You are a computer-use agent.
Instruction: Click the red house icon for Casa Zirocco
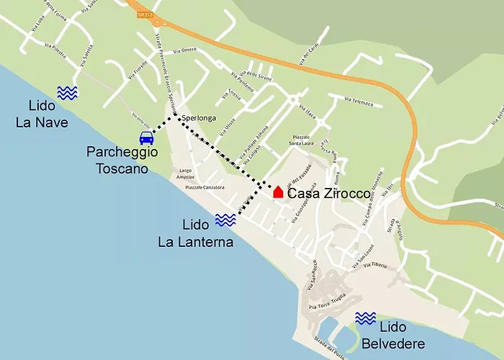point(278,192)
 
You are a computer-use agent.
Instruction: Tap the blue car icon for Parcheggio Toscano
point(146,138)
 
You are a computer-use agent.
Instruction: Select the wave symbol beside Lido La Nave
point(67,92)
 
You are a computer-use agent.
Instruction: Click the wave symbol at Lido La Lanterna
point(225,220)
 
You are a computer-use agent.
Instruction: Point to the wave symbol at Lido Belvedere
point(365,318)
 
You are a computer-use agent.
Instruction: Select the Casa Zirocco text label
point(329,194)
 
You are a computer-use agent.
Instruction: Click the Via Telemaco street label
point(359,102)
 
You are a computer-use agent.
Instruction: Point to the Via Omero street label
point(184,50)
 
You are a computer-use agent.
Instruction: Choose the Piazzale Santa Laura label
point(306,140)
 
